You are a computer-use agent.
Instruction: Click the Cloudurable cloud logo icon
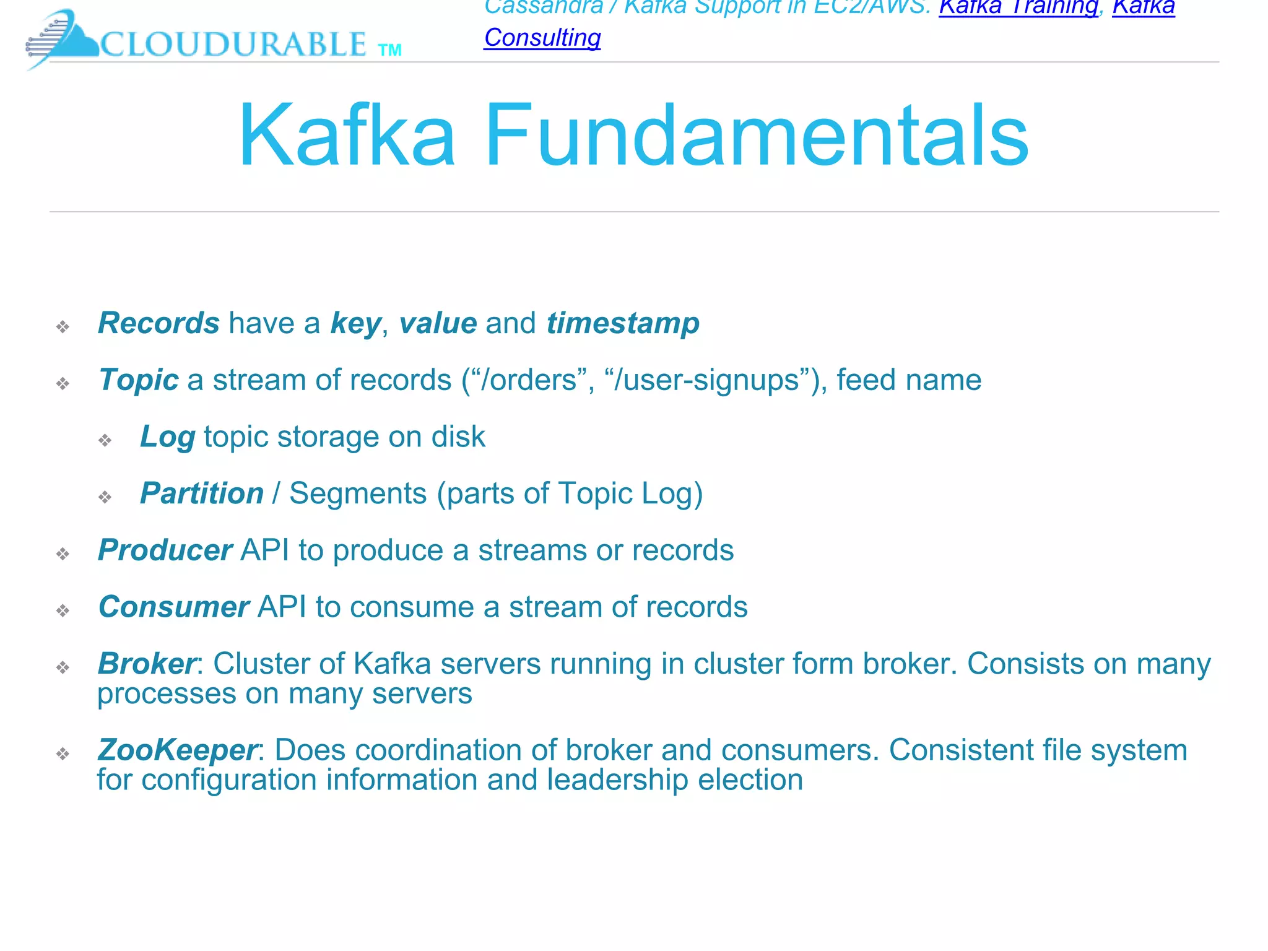pos(62,38)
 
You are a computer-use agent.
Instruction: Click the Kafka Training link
pos(1018,7)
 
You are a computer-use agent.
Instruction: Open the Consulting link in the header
pos(542,38)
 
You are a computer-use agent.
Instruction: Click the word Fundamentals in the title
pos(756,136)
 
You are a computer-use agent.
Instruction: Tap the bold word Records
pos(158,323)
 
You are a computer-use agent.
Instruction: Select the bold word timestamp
pos(622,323)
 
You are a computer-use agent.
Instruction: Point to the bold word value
pos(438,323)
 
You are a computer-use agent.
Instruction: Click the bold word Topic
pos(139,380)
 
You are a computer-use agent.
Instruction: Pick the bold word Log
pos(168,437)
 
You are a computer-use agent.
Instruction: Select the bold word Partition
pos(202,493)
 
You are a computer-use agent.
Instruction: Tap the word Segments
pos(358,493)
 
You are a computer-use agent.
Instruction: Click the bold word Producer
pos(165,550)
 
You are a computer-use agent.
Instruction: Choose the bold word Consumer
pos(174,607)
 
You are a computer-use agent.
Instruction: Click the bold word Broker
pos(147,664)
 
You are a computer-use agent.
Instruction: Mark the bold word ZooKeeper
pos(177,750)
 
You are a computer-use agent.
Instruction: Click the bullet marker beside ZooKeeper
pos(63,753)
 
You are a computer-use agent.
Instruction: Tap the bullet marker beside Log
pos(105,440)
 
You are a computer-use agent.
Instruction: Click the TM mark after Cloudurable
pos(389,50)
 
